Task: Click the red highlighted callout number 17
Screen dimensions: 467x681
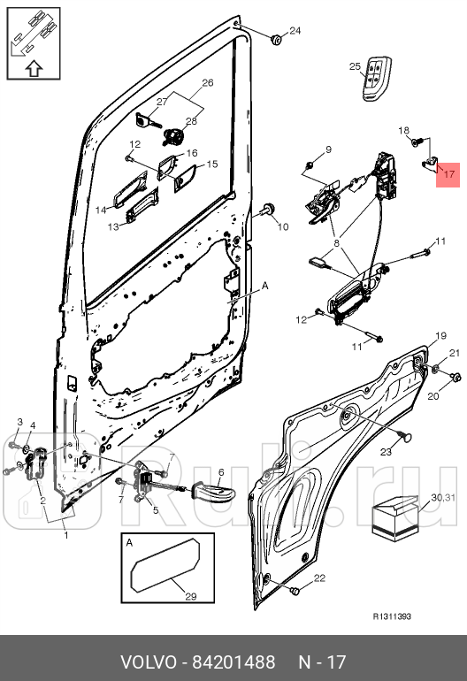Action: (448, 174)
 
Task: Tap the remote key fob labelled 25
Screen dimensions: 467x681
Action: (377, 78)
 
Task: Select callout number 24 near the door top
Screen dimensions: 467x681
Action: (295, 30)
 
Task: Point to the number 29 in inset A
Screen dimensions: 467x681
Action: (191, 596)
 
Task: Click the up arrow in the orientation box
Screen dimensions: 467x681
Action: (34, 69)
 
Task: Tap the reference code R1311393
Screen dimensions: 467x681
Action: (392, 616)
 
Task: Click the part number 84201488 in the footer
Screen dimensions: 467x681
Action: (233, 662)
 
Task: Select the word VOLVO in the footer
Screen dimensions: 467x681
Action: (148, 662)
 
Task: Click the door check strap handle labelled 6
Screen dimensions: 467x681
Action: (213, 492)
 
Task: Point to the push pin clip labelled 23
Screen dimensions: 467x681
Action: (405, 438)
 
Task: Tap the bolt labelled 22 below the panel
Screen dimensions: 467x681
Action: (295, 591)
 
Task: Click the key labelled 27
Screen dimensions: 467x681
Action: (148, 121)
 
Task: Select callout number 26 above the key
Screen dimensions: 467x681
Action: (208, 82)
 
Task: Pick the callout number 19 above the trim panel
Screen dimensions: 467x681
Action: (440, 336)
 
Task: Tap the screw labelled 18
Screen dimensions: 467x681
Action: (417, 142)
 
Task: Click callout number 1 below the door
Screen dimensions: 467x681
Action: (66, 535)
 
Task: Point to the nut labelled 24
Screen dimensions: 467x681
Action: (276, 41)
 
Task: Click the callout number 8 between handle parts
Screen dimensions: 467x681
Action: (336, 243)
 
